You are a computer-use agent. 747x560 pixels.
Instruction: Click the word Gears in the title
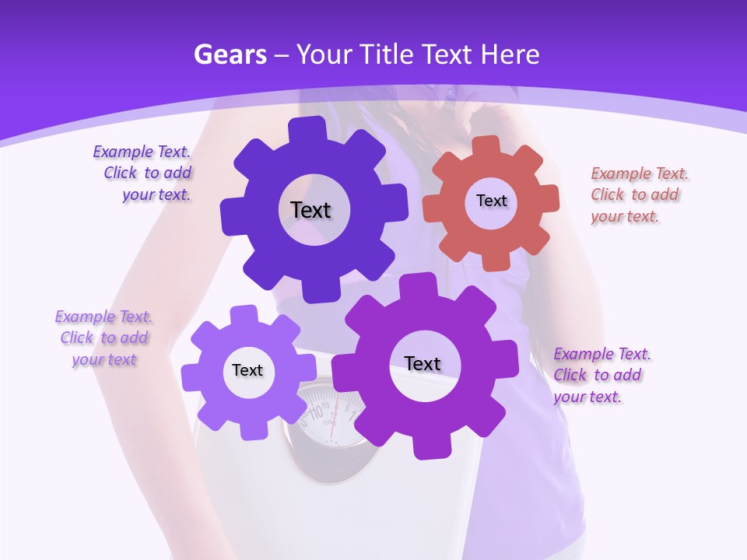pyautogui.click(x=230, y=54)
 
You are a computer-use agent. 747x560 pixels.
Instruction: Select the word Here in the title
pyautogui.click(x=510, y=54)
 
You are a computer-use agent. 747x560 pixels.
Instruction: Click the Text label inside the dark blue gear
pyautogui.click(x=310, y=210)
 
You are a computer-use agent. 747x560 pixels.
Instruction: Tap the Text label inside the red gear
pyautogui.click(x=491, y=201)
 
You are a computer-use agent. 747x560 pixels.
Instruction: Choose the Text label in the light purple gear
pyautogui.click(x=247, y=370)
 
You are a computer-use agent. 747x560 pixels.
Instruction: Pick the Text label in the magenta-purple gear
pyautogui.click(x=423, y=363)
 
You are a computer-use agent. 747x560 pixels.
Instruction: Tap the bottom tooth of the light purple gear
pyautogui.click(x=251, y=428)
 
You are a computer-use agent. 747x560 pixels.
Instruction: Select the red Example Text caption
pyautogui.click(x=639, y=194)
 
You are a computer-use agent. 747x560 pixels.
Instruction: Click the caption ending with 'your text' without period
pyautogui.click(x=103, y=338)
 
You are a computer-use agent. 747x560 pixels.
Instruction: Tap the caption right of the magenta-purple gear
pyautogui.click(x=601, y=375)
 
